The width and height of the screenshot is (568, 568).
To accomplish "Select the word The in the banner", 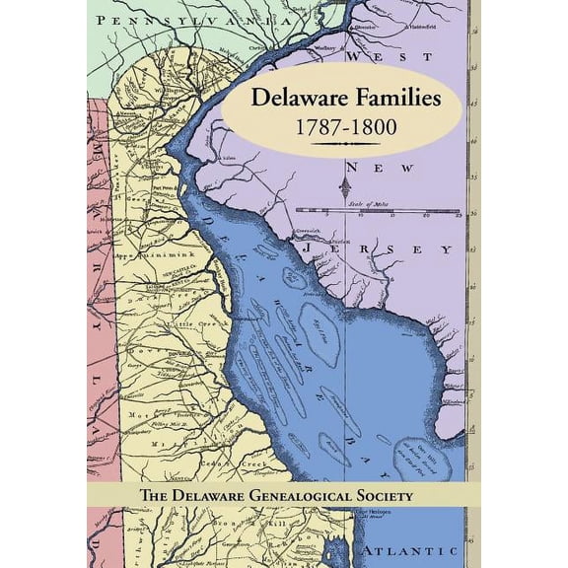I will (x=160, y=495).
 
